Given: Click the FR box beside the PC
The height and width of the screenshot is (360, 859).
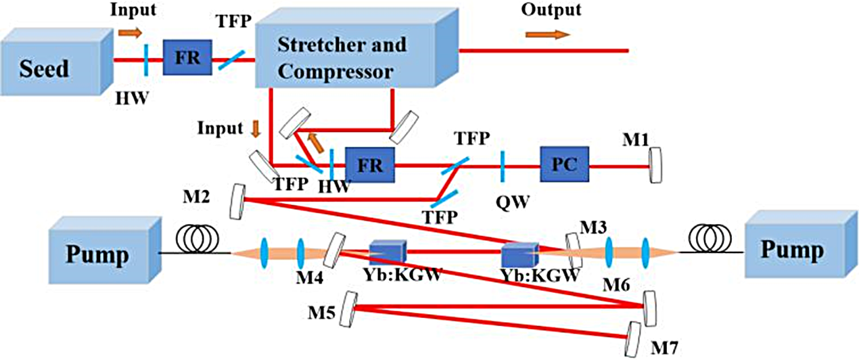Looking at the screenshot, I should [369, 163].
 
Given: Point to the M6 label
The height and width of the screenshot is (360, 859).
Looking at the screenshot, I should [617, 288].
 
